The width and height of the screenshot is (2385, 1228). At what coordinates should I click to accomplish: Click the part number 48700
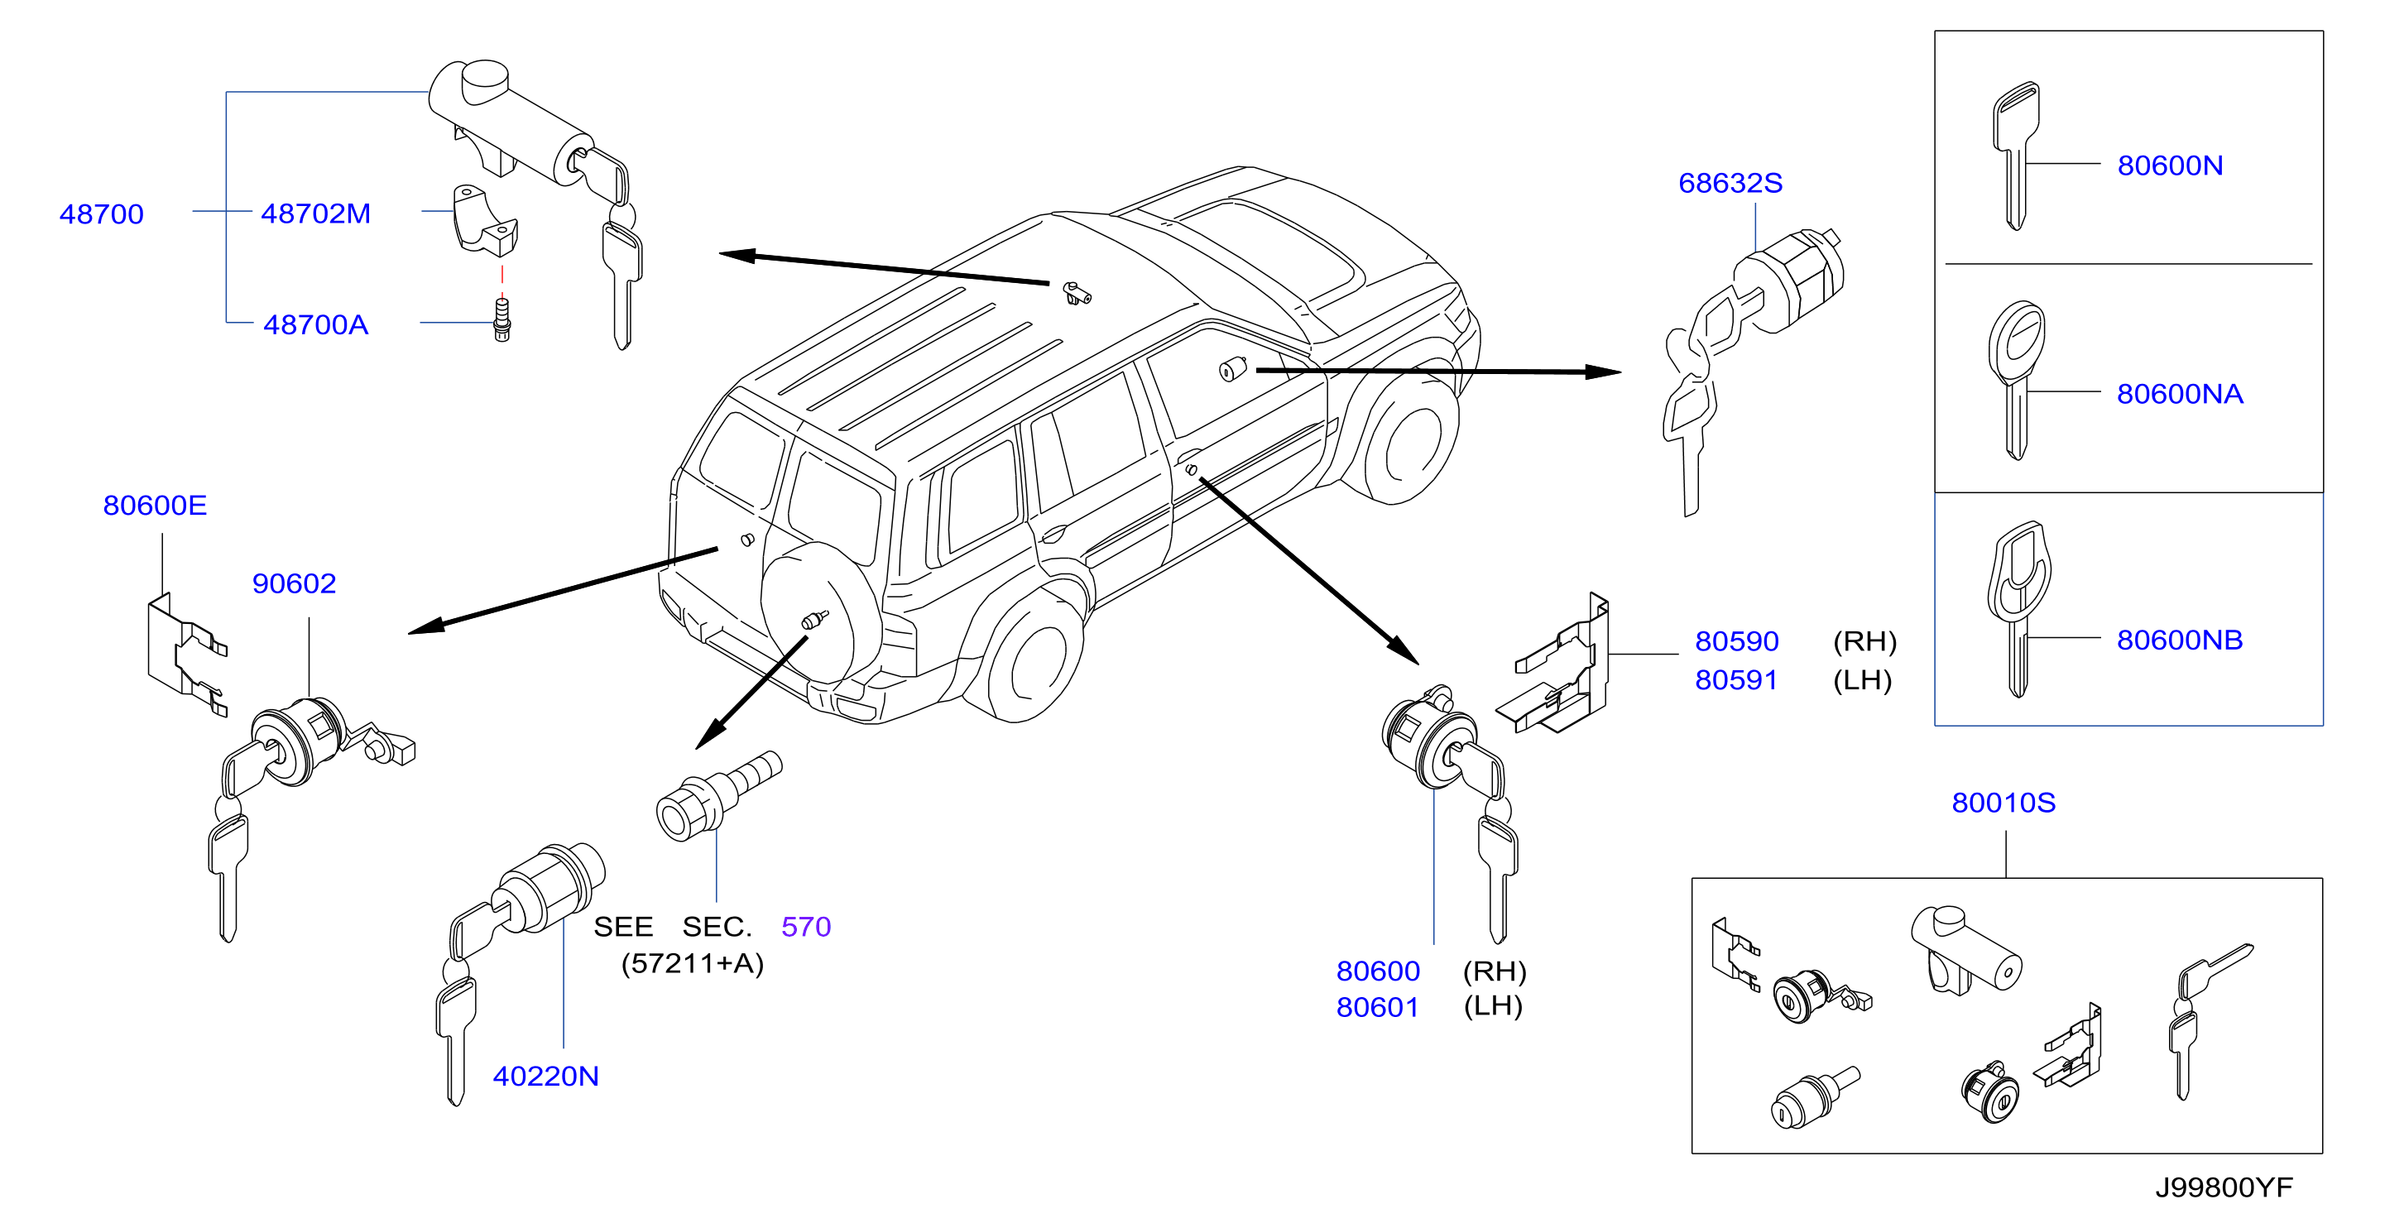click(102, 214)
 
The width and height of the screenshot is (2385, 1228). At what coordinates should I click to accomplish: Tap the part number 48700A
click(316, 324)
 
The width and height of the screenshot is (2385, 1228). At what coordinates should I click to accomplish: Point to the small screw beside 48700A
click(501, 320)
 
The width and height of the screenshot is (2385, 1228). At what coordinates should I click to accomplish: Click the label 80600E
click(155, 505)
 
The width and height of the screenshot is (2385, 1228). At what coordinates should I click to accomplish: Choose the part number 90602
click(295, 583)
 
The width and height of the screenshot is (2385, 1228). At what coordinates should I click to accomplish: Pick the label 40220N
click(546, 1075)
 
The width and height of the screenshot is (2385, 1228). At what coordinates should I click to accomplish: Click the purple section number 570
click(806, 926)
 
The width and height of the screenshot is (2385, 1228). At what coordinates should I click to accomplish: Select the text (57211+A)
click(693, 963)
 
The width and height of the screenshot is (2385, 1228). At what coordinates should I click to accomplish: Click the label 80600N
click(2170, 165)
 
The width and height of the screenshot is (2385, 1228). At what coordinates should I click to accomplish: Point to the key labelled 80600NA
click(2017, 380)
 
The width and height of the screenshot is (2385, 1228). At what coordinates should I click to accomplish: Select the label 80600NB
click(2180, 639)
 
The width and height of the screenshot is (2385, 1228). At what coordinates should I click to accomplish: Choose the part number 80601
click(1378, 1007)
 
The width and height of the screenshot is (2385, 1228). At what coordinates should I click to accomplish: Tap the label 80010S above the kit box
click(2003, 802)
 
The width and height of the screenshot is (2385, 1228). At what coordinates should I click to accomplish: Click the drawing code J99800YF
click(2224, 1187)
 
